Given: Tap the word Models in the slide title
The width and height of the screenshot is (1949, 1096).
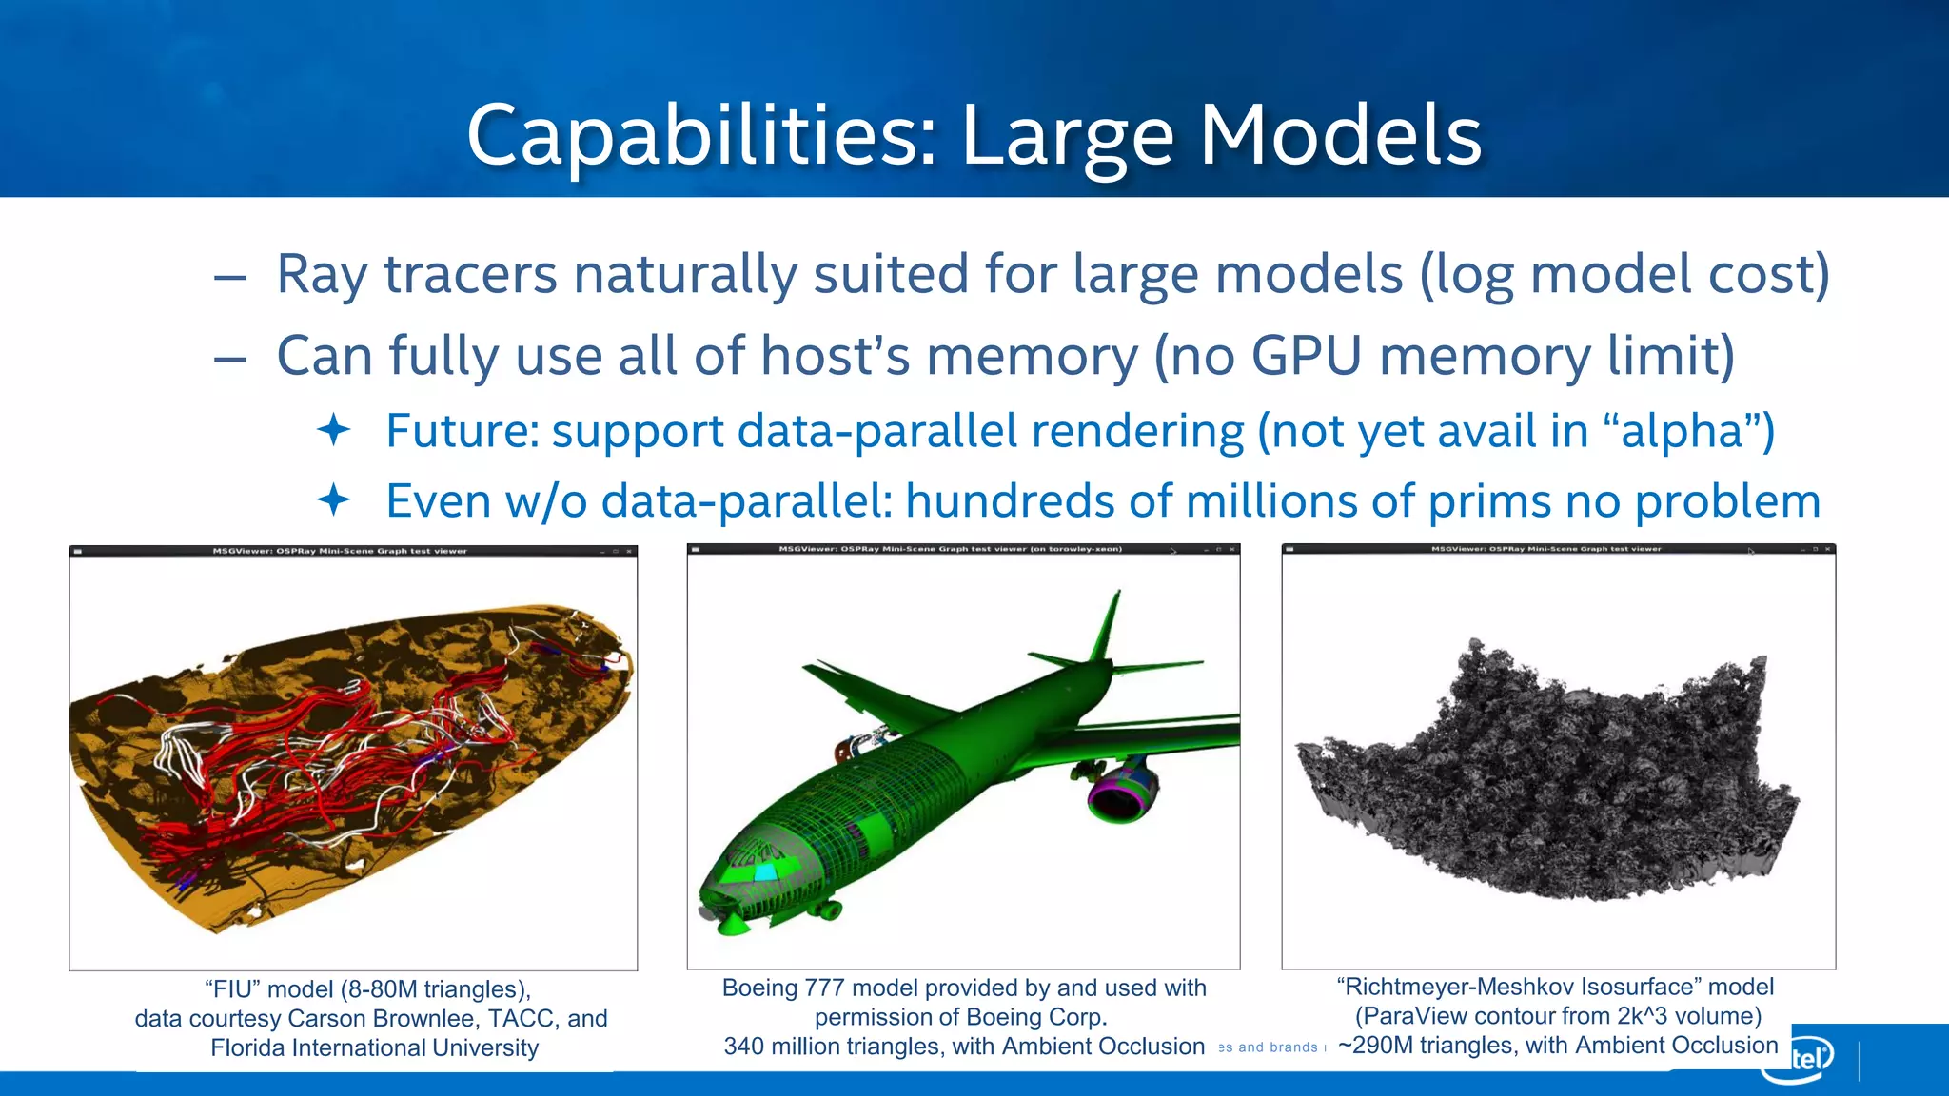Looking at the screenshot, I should (x=1340, y=136).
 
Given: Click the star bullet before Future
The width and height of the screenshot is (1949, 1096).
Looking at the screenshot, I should (x=334, y=430).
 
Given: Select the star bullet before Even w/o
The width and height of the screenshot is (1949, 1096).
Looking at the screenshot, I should (x=334, y=499).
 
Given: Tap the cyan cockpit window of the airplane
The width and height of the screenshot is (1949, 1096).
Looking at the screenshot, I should (x=765, y=871).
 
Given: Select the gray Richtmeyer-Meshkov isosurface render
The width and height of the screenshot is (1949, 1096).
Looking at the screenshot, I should (x=1551, y=771).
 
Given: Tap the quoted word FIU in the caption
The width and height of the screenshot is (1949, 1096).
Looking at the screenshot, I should (x=233, y=989).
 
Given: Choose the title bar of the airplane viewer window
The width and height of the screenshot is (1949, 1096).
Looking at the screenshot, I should (x=963, y=549).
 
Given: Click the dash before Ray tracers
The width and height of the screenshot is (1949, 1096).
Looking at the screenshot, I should (x=230, y=277).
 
